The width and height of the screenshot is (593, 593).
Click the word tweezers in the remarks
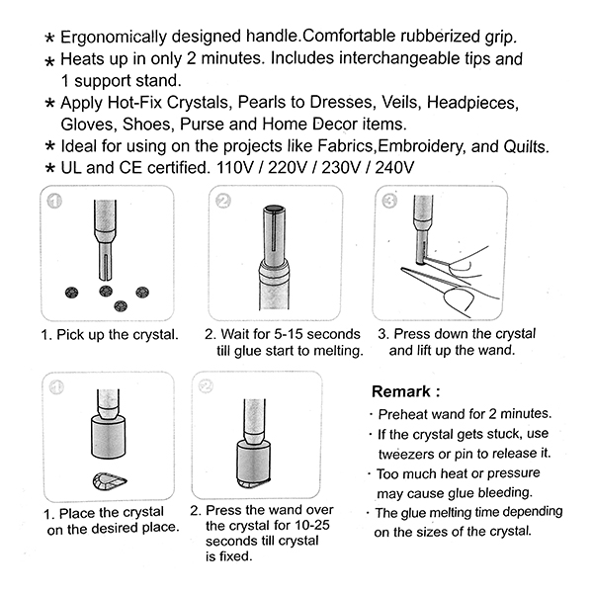pyautogui.click(x=406, y=453)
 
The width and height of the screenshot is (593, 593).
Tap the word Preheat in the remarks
pyautogui.click(x=405, y=413)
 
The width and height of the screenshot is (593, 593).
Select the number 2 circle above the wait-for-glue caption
pyautogui.click(x=222, y=201)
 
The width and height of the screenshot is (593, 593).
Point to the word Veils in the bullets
pyautogui.click(x=381, y=103)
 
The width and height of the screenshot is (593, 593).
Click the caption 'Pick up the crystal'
pyautogui.click(x=110, y=334)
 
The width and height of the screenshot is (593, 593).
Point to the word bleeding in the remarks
pyautogui.click(x=504, y=491)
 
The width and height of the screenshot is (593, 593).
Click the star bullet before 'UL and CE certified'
pyautogui.click(x=48, y=169)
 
